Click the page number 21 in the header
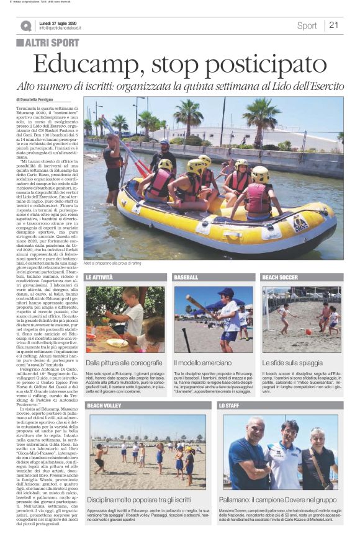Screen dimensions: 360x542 point(334,25)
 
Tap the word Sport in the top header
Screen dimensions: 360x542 point(307,26)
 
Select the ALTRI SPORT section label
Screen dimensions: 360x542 point(48,43)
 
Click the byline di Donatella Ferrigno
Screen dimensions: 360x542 point(39,100)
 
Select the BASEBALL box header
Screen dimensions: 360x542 point(186,277)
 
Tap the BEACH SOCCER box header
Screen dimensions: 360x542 point(280,277)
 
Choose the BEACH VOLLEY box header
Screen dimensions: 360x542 point(104,405)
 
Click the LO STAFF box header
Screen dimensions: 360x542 point(229,405)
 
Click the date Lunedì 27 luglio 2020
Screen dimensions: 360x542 point(61,22)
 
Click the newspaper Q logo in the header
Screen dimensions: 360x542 point(25,26)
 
